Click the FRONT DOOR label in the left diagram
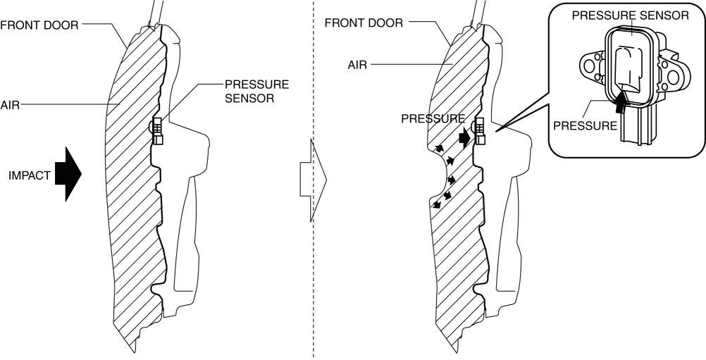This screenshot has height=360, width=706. click(39, 24)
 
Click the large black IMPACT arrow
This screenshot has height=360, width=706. click(70, 174)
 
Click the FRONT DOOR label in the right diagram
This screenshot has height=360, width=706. click(364, 23)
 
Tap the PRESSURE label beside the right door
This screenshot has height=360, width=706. click(433, 119)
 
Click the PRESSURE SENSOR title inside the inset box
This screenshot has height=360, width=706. click(631, 16)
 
